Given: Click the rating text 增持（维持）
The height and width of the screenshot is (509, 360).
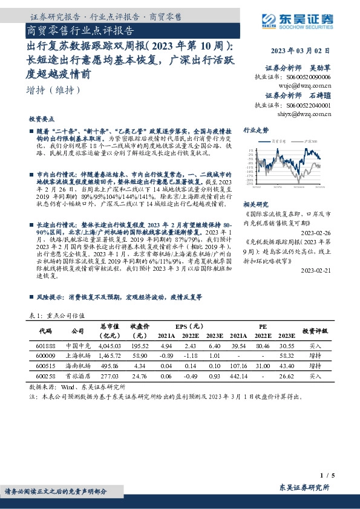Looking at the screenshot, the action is (53, 91).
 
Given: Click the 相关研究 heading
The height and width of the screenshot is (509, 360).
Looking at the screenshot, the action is (255, 206).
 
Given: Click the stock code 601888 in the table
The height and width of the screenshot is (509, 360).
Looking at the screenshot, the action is (45, 345).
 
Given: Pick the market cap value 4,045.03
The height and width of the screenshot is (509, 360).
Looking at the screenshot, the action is (110, 345).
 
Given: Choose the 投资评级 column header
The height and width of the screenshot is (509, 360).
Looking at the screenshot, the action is (315, 330).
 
